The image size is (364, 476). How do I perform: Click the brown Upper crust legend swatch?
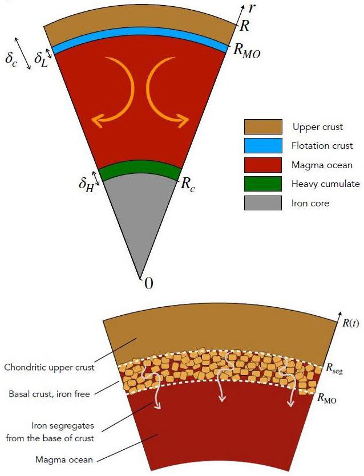(x=263, y=126)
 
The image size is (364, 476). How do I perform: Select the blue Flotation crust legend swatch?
(x=263, y=145)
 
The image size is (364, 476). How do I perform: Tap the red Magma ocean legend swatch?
(x=263, y=165)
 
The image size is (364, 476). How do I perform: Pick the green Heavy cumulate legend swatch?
(x=263, y=184)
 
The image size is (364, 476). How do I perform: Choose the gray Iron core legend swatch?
(x=263, y=203)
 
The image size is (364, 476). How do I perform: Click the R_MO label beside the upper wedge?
(x=247, y=50)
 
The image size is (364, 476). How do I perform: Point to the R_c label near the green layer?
(x=188, y=184)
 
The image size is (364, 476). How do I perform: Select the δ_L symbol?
(x=41, y=58)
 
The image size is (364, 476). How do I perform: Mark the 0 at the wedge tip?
(x=148, y=283)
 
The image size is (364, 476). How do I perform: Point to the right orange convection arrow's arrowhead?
(x=185, y=120)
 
